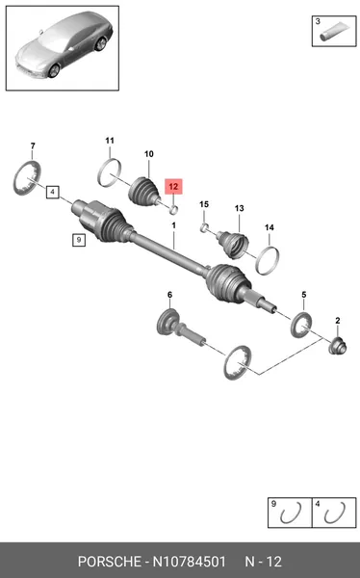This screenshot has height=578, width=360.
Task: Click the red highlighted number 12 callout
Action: pos(173,187)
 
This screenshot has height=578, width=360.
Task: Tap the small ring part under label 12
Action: pos(174,210)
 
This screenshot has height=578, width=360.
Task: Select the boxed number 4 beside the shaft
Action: pos(53,192)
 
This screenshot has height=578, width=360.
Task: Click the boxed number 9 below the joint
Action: pos(79,240)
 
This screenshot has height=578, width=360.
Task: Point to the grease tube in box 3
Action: pos(334,32)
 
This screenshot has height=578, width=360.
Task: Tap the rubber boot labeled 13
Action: pos(233,244)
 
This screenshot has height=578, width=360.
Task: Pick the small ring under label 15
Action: pos(204,228)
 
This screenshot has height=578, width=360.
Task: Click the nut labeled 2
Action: pos(338,346)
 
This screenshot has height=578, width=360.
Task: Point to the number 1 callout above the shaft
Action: pos(173,225)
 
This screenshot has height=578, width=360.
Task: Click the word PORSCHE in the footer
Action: pos(110,562)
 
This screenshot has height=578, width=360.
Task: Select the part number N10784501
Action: pos(189,562)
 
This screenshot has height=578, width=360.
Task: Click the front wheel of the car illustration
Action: pos(54,70)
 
